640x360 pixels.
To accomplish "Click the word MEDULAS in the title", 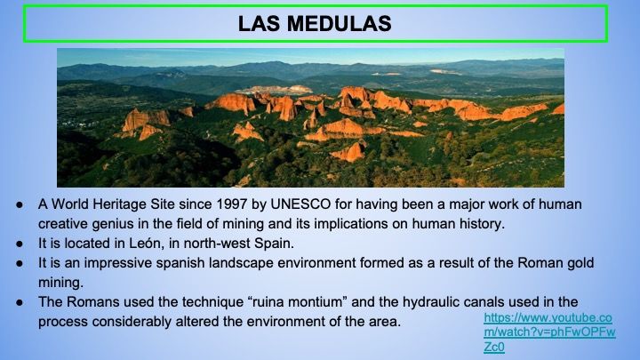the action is (x=339, y=23).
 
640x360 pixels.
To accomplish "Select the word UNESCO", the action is (x=300, y=204).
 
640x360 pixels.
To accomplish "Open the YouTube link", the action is (x=549, y=332).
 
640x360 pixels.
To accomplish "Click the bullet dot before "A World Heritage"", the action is (x=20, y=204).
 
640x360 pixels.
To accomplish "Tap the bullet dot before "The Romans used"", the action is (x=20, y=302).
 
